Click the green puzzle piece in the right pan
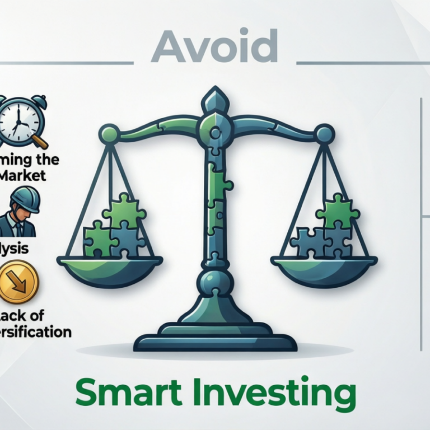[x=337, y=212]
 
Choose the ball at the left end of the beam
[x=108, y=134]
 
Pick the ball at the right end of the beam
[x=324, y=134]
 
